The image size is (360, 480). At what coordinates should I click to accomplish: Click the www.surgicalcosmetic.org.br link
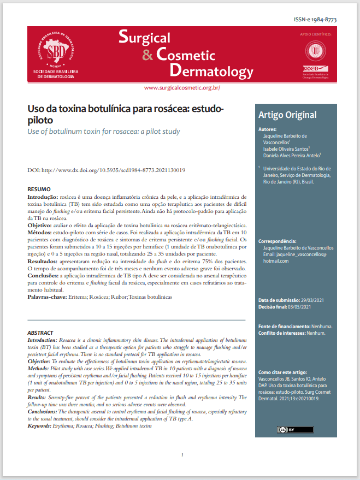182,87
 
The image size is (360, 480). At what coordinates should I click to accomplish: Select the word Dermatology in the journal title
211,71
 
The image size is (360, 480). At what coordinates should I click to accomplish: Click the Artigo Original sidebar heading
287,115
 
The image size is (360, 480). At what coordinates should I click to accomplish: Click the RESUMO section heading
39,188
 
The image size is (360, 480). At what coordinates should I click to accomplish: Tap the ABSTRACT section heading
40,333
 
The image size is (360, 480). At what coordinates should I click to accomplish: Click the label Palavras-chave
46,297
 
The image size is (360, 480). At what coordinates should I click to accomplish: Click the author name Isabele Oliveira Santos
286,148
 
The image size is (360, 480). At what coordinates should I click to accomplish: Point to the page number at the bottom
181,455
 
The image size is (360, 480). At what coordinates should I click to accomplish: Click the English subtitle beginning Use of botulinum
104,132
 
